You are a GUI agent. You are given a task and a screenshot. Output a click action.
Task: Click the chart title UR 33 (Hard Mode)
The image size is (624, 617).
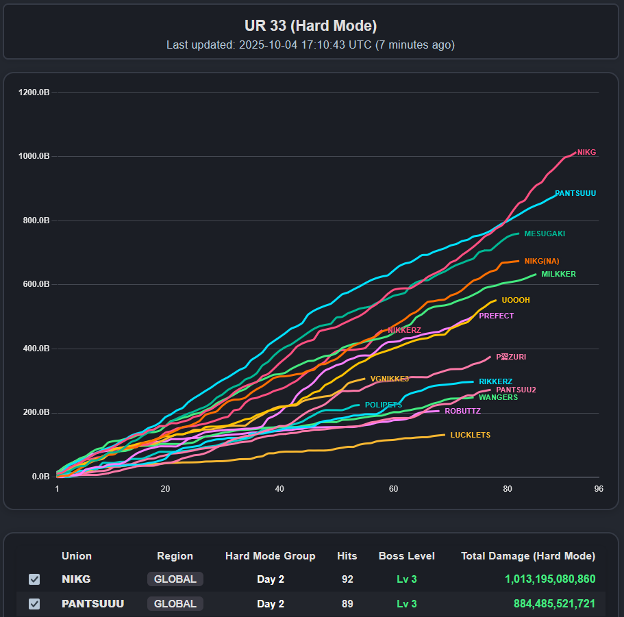point(310,26)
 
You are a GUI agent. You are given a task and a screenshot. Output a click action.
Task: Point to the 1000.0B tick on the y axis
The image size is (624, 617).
point(34,156)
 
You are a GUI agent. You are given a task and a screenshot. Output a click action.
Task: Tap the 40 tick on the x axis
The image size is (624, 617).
point(279,489)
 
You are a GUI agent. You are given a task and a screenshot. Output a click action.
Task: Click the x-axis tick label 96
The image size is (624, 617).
point(599,489)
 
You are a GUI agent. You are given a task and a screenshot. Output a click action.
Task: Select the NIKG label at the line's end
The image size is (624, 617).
point(586,152)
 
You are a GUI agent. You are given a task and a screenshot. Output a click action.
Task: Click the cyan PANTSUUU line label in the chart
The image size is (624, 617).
point(575,193)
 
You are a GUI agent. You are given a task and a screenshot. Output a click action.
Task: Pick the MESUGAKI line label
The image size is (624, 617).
point(545,234)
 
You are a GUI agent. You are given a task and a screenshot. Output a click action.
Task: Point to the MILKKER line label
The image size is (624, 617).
point(558,274)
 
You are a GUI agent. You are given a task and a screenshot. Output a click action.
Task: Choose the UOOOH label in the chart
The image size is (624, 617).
point(516,300)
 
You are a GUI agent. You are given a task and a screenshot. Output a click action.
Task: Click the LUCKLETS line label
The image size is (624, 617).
point(470,435)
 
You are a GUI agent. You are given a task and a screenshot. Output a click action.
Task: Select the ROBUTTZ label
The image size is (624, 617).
point(462,411)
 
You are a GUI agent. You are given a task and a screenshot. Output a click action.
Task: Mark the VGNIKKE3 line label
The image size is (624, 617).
point(389,379)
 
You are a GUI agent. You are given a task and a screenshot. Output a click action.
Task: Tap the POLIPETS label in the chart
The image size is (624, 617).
point(383,405)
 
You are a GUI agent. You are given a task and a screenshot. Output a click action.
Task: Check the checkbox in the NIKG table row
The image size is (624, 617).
point(34,579)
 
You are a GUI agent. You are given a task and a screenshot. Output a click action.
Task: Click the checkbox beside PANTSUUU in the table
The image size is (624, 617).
point(34,604)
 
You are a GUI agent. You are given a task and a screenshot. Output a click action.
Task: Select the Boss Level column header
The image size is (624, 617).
point(406,556)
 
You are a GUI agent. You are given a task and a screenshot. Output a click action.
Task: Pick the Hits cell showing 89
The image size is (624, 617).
point(347,604)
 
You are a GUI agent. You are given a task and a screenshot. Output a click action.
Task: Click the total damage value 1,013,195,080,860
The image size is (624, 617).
point(550,579)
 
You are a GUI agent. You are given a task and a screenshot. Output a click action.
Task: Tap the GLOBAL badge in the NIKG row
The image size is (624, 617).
point(175,579)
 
